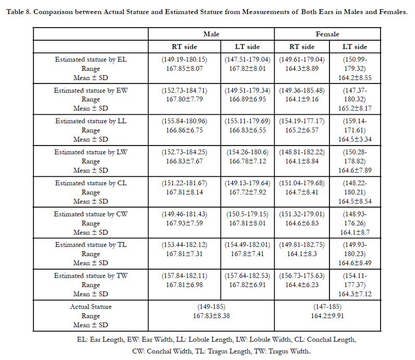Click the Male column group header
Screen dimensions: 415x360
211,34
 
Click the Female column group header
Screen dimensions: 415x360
327,34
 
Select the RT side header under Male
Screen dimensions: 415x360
184,46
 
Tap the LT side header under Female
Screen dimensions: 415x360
355,46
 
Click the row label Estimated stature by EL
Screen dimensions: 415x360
91,59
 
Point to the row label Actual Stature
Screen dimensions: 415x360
91,306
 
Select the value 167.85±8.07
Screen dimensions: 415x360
184,69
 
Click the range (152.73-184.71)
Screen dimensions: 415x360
184,90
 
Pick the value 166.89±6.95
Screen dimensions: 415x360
248,99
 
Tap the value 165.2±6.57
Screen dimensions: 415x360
302,130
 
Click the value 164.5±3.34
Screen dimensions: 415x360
355,139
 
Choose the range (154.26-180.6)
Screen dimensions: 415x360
248,152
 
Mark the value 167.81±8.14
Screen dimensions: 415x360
184,192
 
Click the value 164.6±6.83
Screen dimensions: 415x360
302,223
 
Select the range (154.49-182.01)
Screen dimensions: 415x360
248,245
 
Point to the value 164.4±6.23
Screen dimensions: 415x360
302,285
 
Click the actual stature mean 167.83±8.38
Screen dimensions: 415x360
211,316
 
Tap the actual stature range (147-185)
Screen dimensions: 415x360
327,307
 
